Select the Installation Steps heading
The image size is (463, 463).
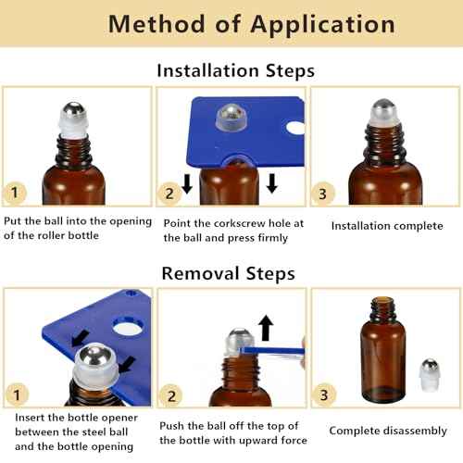point(235,70)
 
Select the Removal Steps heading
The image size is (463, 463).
point(229,273)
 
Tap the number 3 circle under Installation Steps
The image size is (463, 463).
point(323,193)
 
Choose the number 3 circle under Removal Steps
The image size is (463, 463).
point(323,394)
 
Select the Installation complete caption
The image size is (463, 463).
point(386,226)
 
